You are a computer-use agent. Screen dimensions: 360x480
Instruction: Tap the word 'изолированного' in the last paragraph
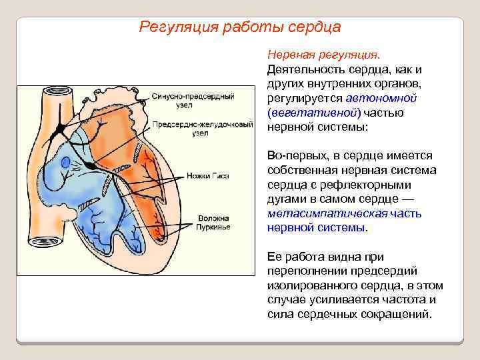pos(303,285)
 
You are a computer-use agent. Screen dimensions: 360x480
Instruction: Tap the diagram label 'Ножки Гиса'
pos(213,177)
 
